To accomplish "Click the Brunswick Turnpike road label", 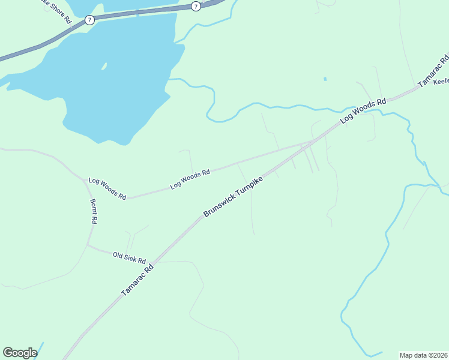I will click(233, 197).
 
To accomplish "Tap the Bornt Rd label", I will click(94, 211).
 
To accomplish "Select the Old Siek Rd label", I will click(129, 257).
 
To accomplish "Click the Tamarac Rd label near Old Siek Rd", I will click(137, 280).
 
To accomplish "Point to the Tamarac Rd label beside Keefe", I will click(433, 71).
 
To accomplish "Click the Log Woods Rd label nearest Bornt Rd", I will click(107, 188).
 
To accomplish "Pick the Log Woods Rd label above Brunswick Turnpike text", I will click(190, 179).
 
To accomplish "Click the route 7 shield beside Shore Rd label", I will click(89, 20).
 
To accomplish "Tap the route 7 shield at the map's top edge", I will click(196, 6).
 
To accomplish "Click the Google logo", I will click(20, 353).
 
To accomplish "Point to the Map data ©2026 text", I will click(423, 355).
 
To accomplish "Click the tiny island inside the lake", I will click(104, 65).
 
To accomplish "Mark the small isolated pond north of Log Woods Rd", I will click(325, 79).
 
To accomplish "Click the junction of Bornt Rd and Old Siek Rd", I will click(88, 244).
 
